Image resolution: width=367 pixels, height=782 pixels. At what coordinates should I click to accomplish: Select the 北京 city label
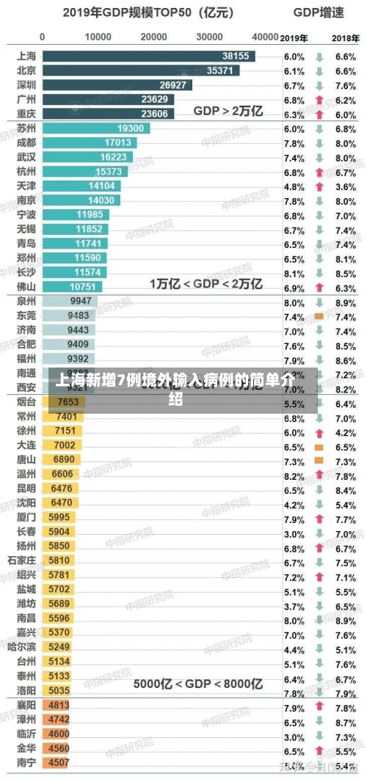26,70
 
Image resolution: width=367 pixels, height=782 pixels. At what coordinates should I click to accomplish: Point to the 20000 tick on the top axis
153,36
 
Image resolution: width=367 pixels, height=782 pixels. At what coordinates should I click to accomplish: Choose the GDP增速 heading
318,12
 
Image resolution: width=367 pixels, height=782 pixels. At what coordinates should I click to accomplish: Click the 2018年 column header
345,37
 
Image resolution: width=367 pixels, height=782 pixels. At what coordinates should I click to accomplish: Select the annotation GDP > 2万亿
228,111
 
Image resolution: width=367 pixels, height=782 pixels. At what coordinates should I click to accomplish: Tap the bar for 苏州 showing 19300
96,128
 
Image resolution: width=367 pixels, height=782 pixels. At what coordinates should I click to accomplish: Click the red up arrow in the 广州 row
319,100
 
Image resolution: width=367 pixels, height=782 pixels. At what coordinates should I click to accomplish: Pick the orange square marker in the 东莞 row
319,316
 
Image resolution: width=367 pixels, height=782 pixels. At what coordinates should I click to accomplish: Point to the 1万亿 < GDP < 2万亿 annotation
206,284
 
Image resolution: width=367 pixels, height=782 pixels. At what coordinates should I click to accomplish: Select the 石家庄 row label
22,560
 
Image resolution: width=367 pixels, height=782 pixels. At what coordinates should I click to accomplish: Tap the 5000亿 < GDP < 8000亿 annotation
197,684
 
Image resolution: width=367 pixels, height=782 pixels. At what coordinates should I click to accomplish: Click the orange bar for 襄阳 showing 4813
58,705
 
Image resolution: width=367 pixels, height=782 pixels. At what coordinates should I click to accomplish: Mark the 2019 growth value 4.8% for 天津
294,186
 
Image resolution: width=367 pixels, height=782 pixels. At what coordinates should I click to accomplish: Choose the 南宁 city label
26,762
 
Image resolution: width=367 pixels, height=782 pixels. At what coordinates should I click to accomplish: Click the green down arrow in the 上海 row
319,56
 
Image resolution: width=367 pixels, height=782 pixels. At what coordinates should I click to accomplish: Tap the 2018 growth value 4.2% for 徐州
345,433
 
